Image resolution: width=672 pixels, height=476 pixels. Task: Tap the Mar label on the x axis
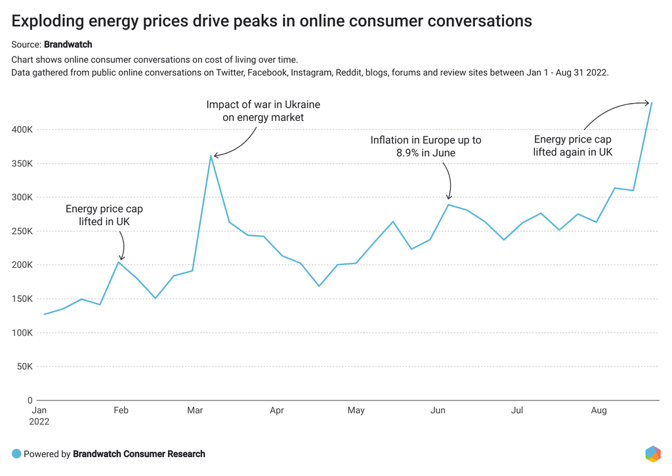click(195, 411)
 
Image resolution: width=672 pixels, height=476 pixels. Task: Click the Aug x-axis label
click(599, 411)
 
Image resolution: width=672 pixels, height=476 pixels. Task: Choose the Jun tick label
click(438, 411)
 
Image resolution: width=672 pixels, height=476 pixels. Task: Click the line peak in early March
click(211, 156)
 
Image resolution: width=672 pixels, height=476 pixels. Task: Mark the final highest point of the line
click(651, 102)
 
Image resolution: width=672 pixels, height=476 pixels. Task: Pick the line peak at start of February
click(119, 262)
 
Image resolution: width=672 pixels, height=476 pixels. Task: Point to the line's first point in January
click(45, 314)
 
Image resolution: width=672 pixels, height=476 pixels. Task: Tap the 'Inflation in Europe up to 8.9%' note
click(425, 146)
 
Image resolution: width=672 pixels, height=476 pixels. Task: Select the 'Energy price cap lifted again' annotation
click(572, 146)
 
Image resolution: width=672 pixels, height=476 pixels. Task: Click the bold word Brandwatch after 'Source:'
click(68, 45)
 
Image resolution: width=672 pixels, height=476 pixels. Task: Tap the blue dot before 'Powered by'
click(16, 454)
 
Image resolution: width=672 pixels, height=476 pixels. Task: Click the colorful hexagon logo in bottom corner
click(653, 454)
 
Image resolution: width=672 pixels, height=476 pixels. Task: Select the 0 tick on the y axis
click(30, 400)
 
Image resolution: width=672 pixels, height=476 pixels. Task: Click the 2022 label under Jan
click(39, 422)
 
